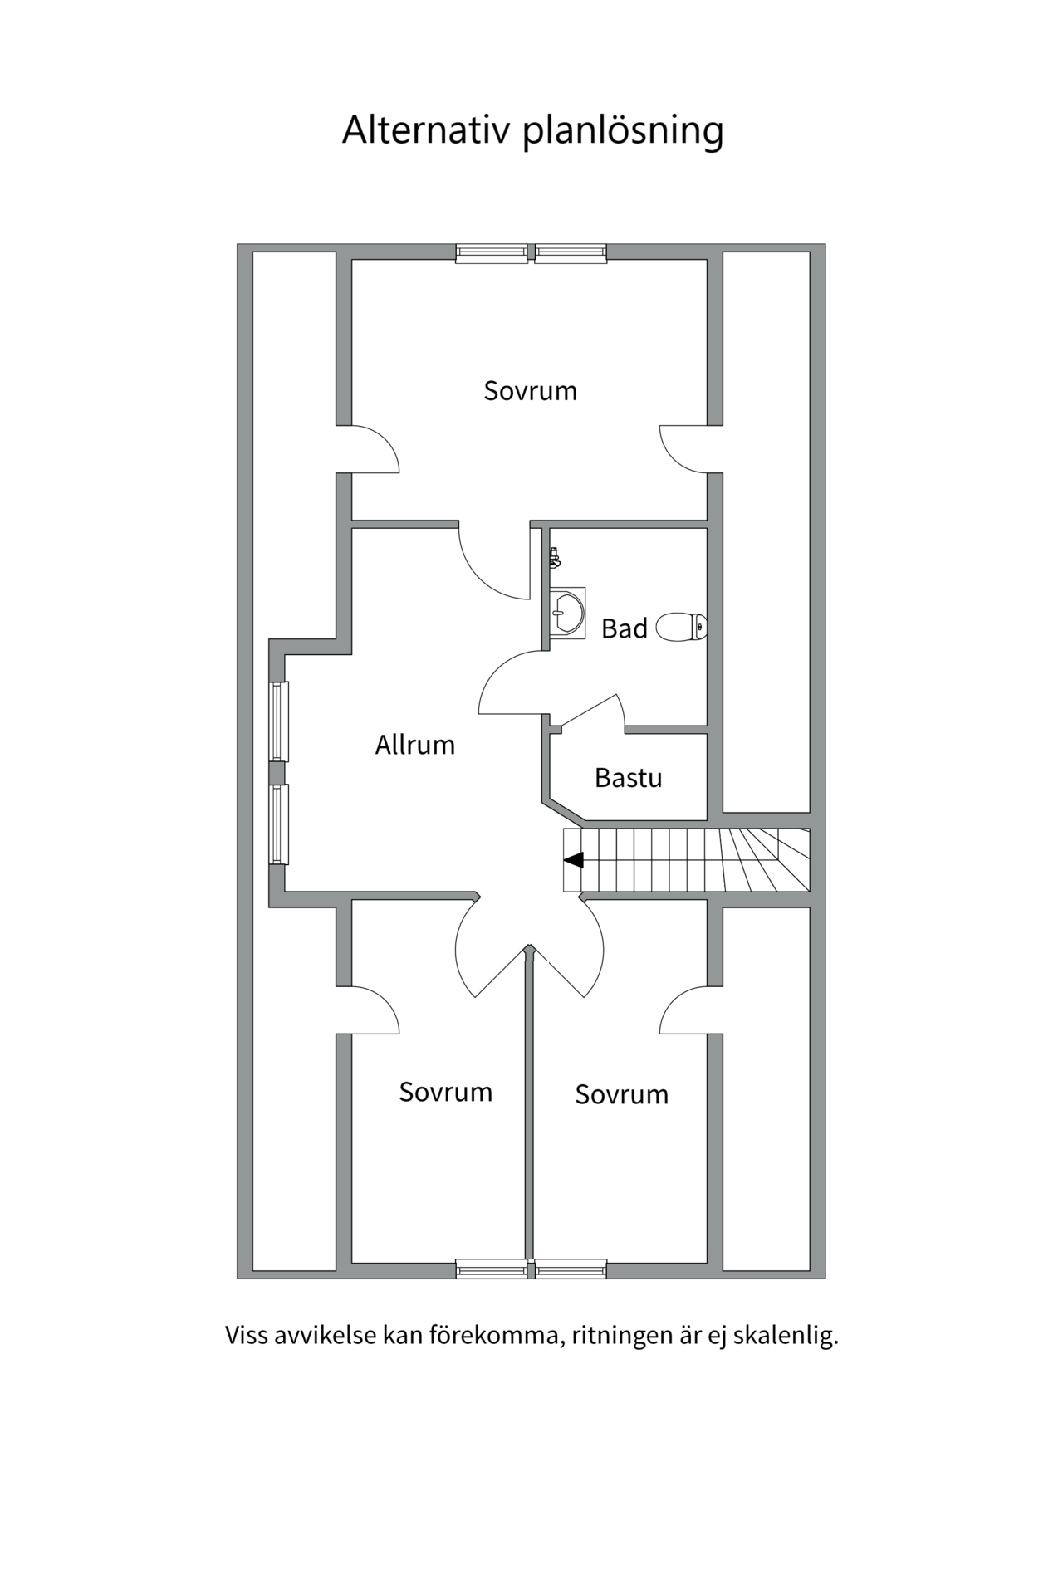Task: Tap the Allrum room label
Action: (415, 745)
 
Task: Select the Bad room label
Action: (625, 628)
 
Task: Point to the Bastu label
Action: (629, 778)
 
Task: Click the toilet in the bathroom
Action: (682, 627)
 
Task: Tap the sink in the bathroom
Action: (567, 613)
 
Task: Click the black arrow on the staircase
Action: (573, 860)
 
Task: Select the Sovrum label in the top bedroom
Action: (531, 390)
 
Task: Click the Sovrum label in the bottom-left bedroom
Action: (446, 1092)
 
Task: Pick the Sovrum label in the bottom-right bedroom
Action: (622, 1094)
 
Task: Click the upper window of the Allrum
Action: (279, 721)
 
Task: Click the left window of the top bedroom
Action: (492, 253)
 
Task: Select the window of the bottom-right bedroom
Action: (571, 1269)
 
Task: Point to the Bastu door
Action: (591, 711)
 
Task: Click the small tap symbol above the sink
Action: (555, 558)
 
